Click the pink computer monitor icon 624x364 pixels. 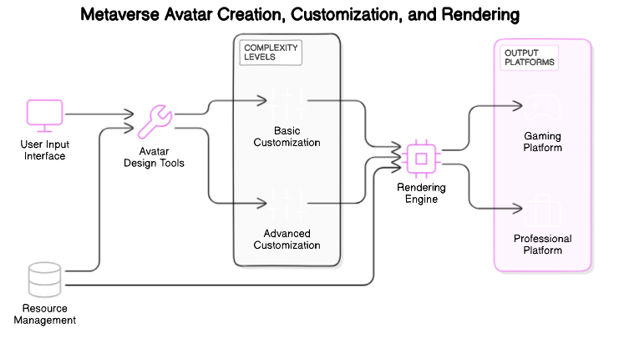coord(45,115)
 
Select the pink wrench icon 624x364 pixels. coord(155,122)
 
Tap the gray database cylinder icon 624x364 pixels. coord(45,280)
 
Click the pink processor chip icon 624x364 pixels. coord(422,159)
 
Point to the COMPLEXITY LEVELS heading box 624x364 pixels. coord(270,53)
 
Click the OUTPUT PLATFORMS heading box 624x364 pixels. coord(530,58)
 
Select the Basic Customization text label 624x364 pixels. coord(287,136)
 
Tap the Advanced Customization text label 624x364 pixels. coord(287,239)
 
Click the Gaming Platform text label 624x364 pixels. coord(542,141)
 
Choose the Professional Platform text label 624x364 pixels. coord(542,245)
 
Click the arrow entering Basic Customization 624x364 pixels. coord(250,101)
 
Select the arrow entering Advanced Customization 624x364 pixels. coord(250,203)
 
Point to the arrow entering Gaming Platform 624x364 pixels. coord(508,106)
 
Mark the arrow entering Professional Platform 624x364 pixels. coord(508,208)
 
